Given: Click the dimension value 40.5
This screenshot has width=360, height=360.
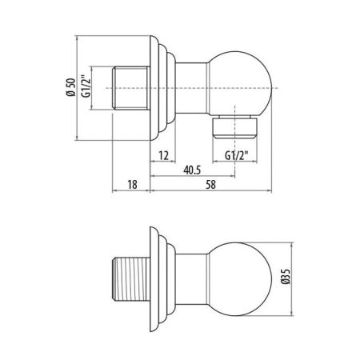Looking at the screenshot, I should pyautogui.click(x=190, y=170).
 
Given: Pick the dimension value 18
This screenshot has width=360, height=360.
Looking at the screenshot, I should pyautogui.click(x=133, y=185).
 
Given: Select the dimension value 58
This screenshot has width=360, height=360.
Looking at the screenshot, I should pyautogui.click(x=210, y=185).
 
